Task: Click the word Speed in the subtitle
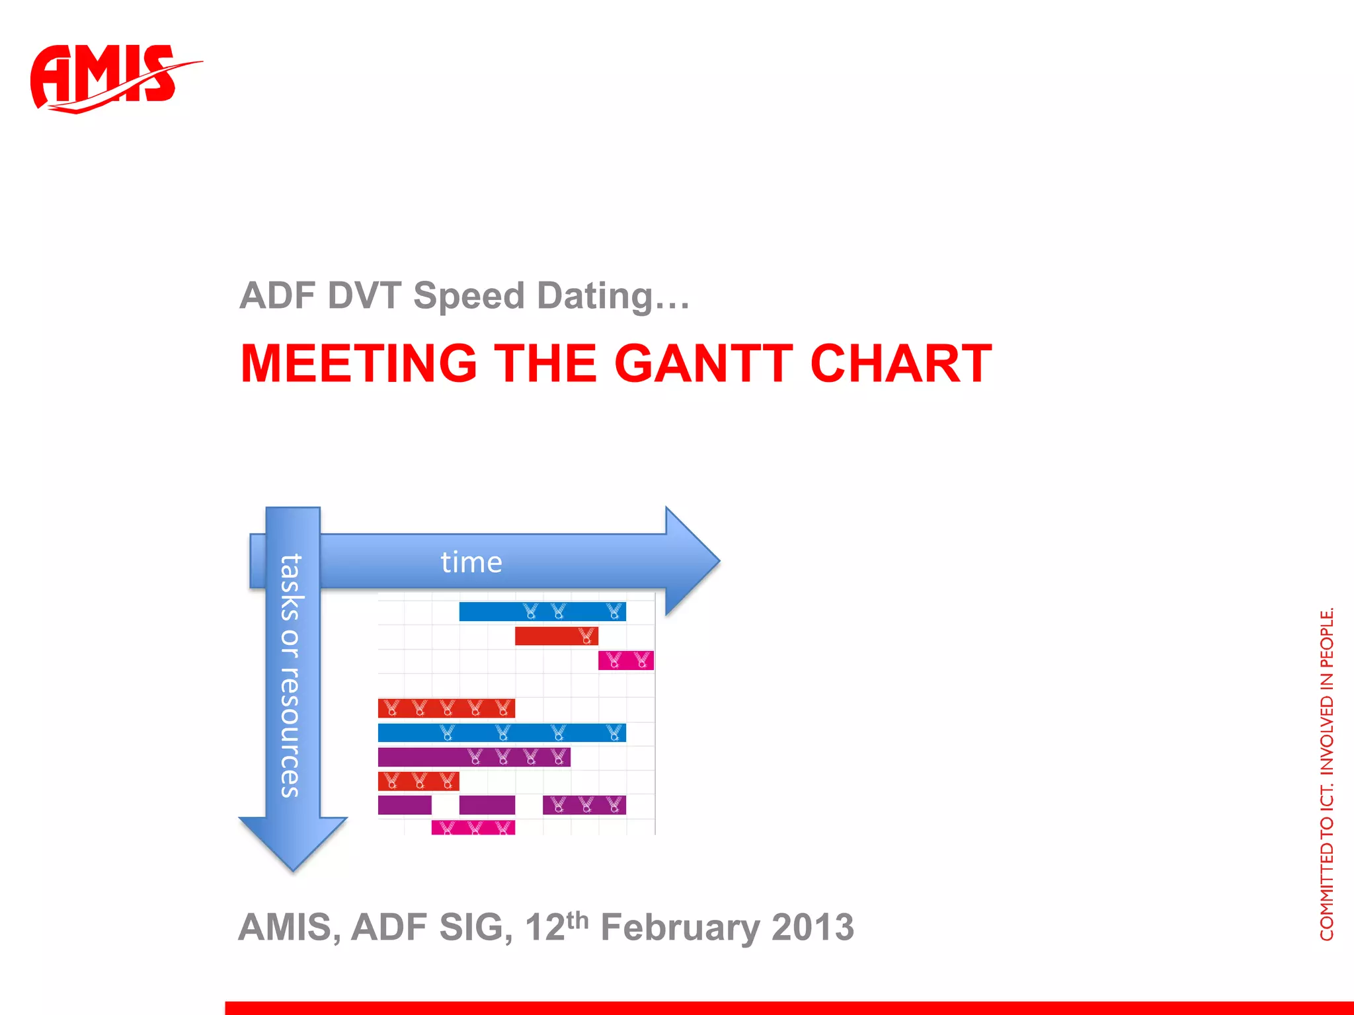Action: click(469, 295)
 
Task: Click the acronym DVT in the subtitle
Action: click(364, 295)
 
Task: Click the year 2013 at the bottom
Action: click(813, 927)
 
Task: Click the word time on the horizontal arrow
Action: click(471, 562)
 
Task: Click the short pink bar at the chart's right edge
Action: click(625, 660)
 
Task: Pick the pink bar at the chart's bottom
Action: click(473, 827)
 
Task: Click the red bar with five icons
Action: click(446, 708)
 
